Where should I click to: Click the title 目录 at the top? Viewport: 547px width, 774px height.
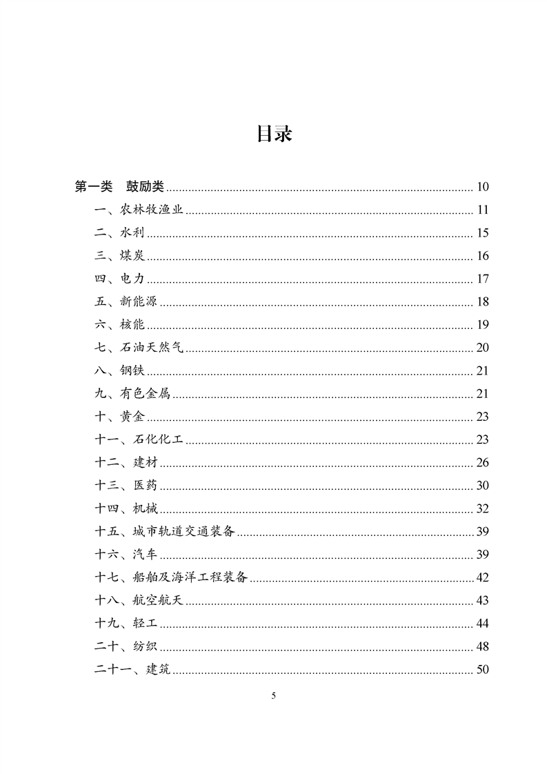pyautogui.click(x=274, y=134)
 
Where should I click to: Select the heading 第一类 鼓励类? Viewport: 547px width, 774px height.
pyautogui.click(x=119, y=187)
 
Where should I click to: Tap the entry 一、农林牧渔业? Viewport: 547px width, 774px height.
pyautogui.click(x=139, y=210)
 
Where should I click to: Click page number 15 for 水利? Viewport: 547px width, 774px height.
pyautogui.click(x=482, y=233)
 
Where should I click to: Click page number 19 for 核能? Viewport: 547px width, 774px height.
pyautogui.click(x=482, y=325)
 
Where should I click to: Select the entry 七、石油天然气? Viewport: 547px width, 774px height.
pyautogui.click(x=139, y=348)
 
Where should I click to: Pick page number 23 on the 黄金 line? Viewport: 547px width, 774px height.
pyautogui.click(x=482, y=417)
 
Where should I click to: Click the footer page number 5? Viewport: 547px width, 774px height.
pyautogui.click(x=274, y=696)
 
